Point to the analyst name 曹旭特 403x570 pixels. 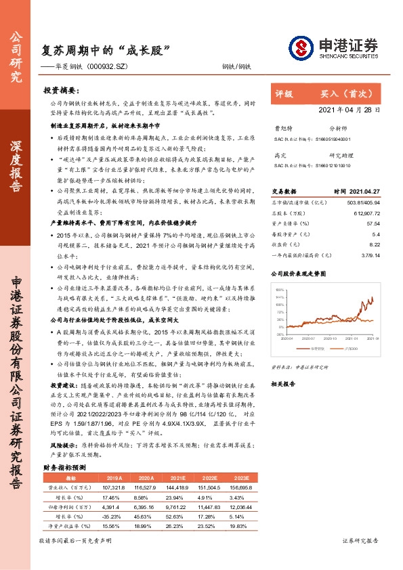280,127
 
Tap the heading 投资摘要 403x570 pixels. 61,89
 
